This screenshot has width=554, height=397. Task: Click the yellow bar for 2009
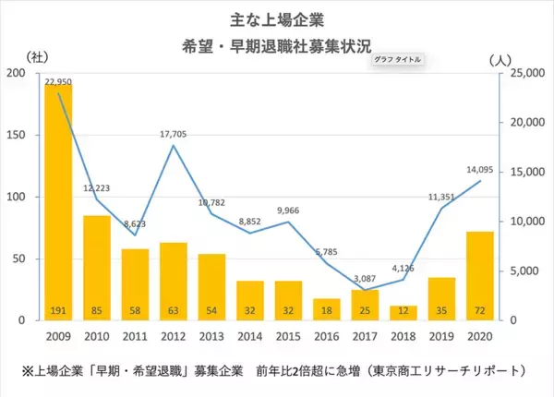click(58, 203)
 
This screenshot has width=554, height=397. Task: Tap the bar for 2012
click(172, 281)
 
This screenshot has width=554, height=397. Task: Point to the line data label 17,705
click(173, 134)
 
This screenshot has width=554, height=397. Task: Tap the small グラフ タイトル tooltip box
click(397, 60)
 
